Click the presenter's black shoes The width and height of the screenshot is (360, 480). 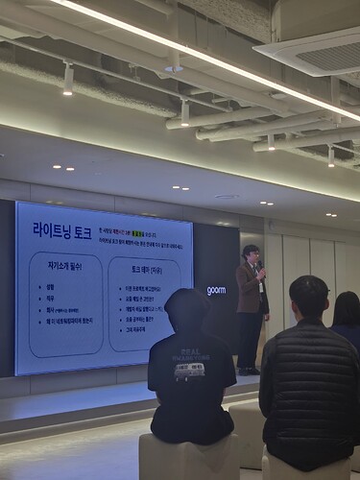click(x=249, y=371)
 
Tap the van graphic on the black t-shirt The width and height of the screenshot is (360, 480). click(x=189, y=372)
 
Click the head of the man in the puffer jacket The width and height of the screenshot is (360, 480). click(x=309, y=299)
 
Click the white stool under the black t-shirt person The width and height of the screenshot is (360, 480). click(x=189, y=457)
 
